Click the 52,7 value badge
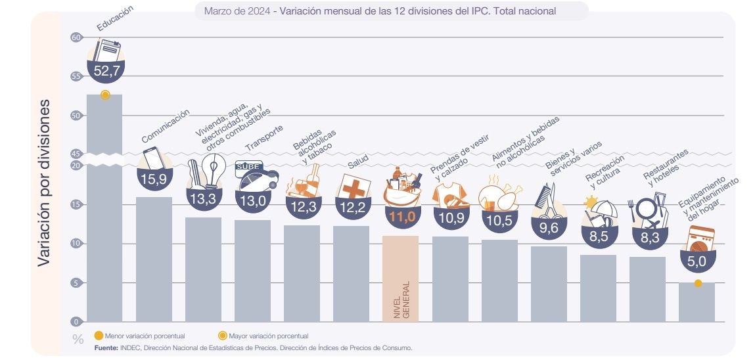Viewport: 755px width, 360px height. [104, 71]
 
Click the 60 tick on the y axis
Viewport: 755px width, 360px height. [76, 37]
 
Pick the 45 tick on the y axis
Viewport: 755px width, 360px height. [76, 154]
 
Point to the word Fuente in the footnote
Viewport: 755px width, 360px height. [106, 348]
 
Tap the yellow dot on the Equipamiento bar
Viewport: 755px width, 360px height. [698, 284]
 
